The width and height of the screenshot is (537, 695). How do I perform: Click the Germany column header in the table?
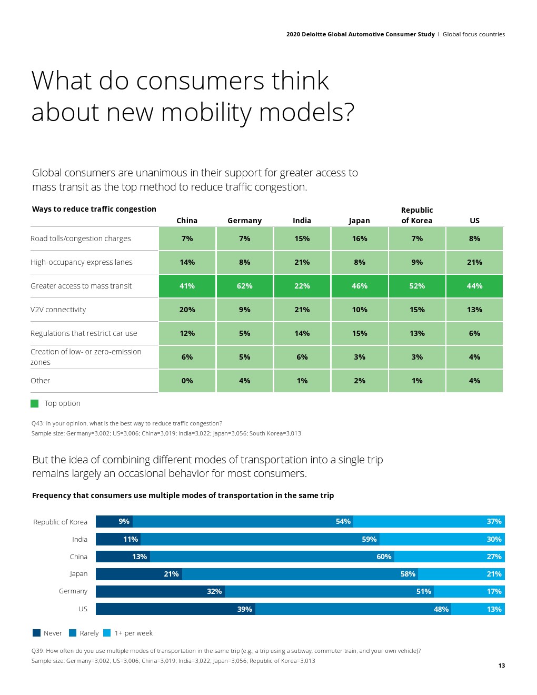coord(244,221)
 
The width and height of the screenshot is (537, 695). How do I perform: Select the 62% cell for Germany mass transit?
coord(245,286)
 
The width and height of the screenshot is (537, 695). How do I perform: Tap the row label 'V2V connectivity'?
coord(58,310)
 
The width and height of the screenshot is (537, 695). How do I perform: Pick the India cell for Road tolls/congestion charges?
coord(302,239)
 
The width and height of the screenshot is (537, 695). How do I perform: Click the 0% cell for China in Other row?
coord(187,381)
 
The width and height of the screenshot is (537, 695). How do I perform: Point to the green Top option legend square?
coord(35,403)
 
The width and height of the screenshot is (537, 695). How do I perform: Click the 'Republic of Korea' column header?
coord(417,215)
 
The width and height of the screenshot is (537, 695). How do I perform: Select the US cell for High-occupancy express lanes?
coord(474,262)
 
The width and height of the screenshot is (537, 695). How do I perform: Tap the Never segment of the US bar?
coord(175,609)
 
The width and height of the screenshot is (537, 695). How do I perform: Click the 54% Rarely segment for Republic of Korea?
coord(243,521)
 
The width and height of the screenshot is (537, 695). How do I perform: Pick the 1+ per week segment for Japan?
coord(461,574)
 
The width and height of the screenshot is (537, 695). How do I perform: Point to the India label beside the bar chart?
coord(80,539)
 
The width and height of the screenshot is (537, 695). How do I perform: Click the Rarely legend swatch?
coord(73,633)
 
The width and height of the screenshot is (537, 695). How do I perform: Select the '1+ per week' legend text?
coord(134,633)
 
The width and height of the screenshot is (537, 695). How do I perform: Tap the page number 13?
coord(501,666)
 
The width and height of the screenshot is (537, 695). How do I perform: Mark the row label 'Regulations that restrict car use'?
coord(84,333)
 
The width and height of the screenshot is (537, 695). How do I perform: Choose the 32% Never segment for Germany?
coord(160,591)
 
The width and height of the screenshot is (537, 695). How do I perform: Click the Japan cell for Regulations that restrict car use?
coord(360,333)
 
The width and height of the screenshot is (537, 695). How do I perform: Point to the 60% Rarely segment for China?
coord(272,557)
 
